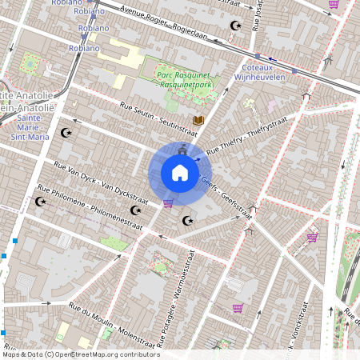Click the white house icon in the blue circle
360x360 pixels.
click(180, 173)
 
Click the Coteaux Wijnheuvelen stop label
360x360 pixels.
click(259, 73)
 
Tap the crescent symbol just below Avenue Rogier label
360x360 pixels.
click(235, 26)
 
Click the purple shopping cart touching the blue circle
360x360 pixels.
click(168, 203)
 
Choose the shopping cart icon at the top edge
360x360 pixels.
click(334, 4)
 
